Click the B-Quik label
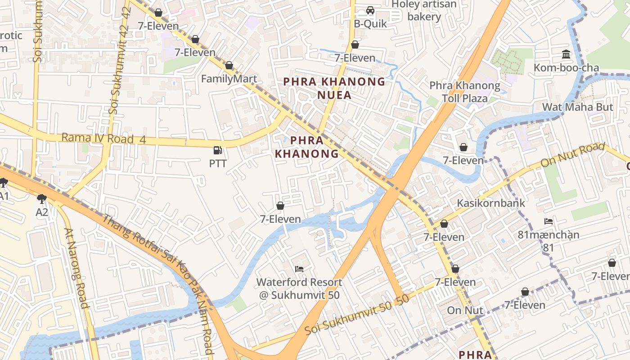(370, 24)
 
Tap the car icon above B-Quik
(370, 10)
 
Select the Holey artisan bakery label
(424, 10)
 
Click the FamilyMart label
(229, 79)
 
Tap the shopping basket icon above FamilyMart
(229, 66)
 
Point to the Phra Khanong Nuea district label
(334, 88)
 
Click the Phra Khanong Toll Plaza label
(464, 92)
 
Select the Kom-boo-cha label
(566, 68)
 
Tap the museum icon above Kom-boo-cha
(566, 55)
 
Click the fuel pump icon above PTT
(218, 150)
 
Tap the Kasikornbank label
(490, 203)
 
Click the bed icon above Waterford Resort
(299, 269)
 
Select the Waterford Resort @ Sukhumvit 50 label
(299, 289)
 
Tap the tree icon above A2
(42, 198)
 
